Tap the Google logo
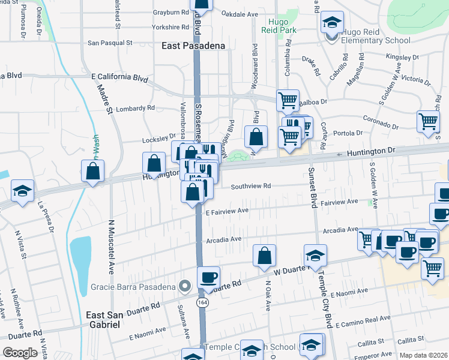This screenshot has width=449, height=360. pyautogui.click(x=20, y=353)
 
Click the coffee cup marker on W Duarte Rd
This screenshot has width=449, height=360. pyautogui.click(x=208, y=277)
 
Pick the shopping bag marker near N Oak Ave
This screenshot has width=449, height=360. pyautogui.click(x=264, y=256)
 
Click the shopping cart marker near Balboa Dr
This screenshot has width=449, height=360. pyautogui.click(x=288, y=100)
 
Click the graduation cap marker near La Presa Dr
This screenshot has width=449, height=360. pyautogui.click(x=22, y=191)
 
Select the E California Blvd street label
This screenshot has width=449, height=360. pyautogui.click(x=119, y=78)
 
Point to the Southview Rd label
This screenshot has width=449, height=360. pyautogui.click(x=252, y=186)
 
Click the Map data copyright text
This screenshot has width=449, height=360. pyautogui.click(x=424, y=355)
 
